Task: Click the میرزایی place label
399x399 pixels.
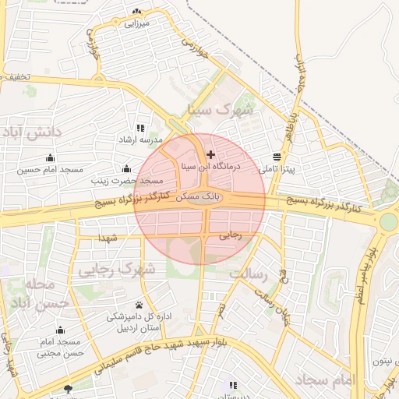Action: (137, 24)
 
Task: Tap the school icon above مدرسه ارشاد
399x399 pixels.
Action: (139, 128)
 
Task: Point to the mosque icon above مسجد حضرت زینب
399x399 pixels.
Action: (126, 168)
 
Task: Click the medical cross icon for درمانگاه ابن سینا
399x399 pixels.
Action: (210, 155)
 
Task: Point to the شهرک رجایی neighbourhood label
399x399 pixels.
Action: (118, 269)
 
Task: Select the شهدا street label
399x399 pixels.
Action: (108, 237)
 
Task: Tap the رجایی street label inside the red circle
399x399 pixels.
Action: (230, 233)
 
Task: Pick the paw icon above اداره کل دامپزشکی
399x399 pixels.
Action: (139, 305)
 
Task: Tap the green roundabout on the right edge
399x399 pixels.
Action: (388, 221)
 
